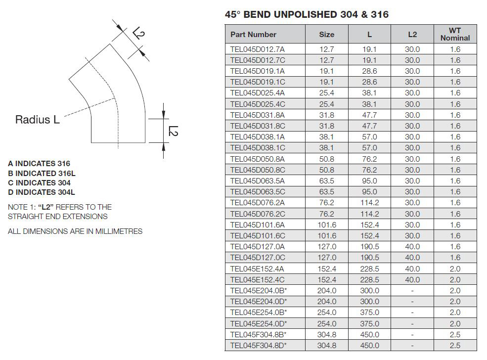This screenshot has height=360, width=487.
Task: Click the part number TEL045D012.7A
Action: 257,49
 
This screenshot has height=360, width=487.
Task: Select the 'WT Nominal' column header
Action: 455,34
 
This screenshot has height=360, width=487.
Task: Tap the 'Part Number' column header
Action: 253,35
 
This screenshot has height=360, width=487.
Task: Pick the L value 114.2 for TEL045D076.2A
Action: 370,203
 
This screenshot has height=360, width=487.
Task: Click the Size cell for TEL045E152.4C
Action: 327,280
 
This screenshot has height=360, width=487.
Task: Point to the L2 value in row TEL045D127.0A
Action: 412,247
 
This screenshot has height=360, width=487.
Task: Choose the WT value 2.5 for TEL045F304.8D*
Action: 455,345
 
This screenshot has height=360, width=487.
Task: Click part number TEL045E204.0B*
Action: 259,291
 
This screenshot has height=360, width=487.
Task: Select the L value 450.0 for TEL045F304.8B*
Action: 370,334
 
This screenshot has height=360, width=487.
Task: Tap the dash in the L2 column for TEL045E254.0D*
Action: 412,324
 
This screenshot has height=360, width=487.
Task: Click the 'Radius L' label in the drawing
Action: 37,120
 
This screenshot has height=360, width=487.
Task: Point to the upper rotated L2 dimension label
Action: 138,33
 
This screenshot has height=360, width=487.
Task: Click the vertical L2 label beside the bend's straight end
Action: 173,131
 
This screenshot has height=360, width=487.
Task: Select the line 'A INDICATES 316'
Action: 39,163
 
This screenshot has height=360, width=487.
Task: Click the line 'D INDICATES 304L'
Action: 42,192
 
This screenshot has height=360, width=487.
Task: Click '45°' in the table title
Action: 233,15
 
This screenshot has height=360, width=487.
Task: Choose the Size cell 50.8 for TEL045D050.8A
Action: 327,159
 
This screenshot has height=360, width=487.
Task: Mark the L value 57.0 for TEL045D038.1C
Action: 370,148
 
